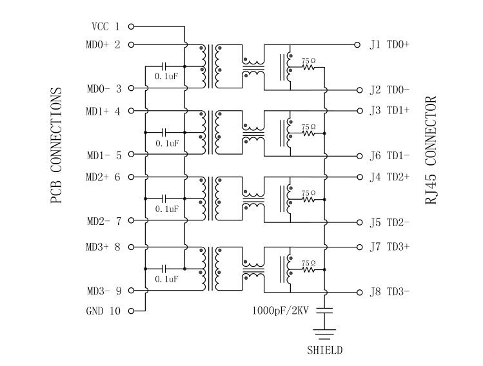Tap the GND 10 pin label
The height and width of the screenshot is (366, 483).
click(103, 311)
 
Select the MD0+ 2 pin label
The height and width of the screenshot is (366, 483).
click(103, 44)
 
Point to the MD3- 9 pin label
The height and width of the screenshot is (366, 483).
click(103, 291)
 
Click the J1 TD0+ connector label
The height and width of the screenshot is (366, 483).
click(389, 44)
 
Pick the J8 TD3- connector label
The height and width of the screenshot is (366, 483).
click(389, 291)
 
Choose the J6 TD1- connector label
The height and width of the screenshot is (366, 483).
click(389, 155)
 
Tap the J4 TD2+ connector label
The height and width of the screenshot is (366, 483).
click(389, 177)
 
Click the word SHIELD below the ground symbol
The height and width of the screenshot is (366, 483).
click(325, 351)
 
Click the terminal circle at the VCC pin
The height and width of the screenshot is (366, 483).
click(132, 26)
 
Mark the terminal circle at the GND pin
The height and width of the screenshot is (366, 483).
click(132, 311)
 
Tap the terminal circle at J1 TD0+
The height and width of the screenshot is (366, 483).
click(357, 44)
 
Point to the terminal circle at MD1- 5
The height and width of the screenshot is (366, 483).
click(132, 155)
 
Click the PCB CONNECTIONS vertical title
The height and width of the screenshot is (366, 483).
click(56, 147)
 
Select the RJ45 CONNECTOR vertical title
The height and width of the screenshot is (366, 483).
click(431, 150)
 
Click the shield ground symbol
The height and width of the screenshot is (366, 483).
click(325, 334)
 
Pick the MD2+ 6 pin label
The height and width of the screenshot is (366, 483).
click(103, 177)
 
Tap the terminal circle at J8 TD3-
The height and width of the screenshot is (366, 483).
click(357, 291)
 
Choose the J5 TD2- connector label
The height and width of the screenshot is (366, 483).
click(389, 223)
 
